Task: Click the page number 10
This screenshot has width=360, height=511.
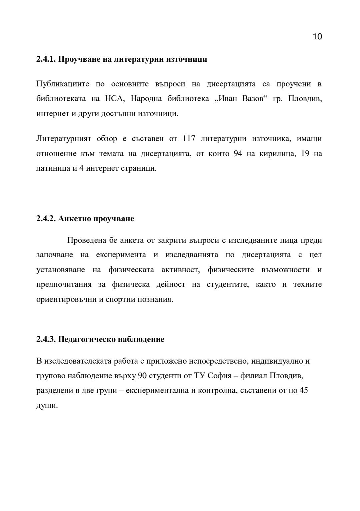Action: click(317, 37)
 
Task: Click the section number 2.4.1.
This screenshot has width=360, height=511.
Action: click(46, 59)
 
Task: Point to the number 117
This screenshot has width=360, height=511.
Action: click(189, 138)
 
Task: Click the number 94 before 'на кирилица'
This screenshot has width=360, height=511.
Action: click(238, 153)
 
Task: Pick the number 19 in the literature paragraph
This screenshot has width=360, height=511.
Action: click(305, 153)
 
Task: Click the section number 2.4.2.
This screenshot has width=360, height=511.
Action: click(46, 219)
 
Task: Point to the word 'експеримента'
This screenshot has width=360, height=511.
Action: click(121, 255)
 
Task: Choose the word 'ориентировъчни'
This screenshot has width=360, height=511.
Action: click(66, 299)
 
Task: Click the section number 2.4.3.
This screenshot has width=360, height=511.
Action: click(46, 340)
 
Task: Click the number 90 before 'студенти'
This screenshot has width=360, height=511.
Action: click(142, 376)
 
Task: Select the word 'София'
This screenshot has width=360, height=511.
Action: click(219, 376)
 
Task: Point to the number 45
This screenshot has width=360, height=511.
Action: click(303, 390)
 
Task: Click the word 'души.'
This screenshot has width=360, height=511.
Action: click(47, 406)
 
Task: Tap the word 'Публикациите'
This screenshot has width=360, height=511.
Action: click(63, 84)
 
